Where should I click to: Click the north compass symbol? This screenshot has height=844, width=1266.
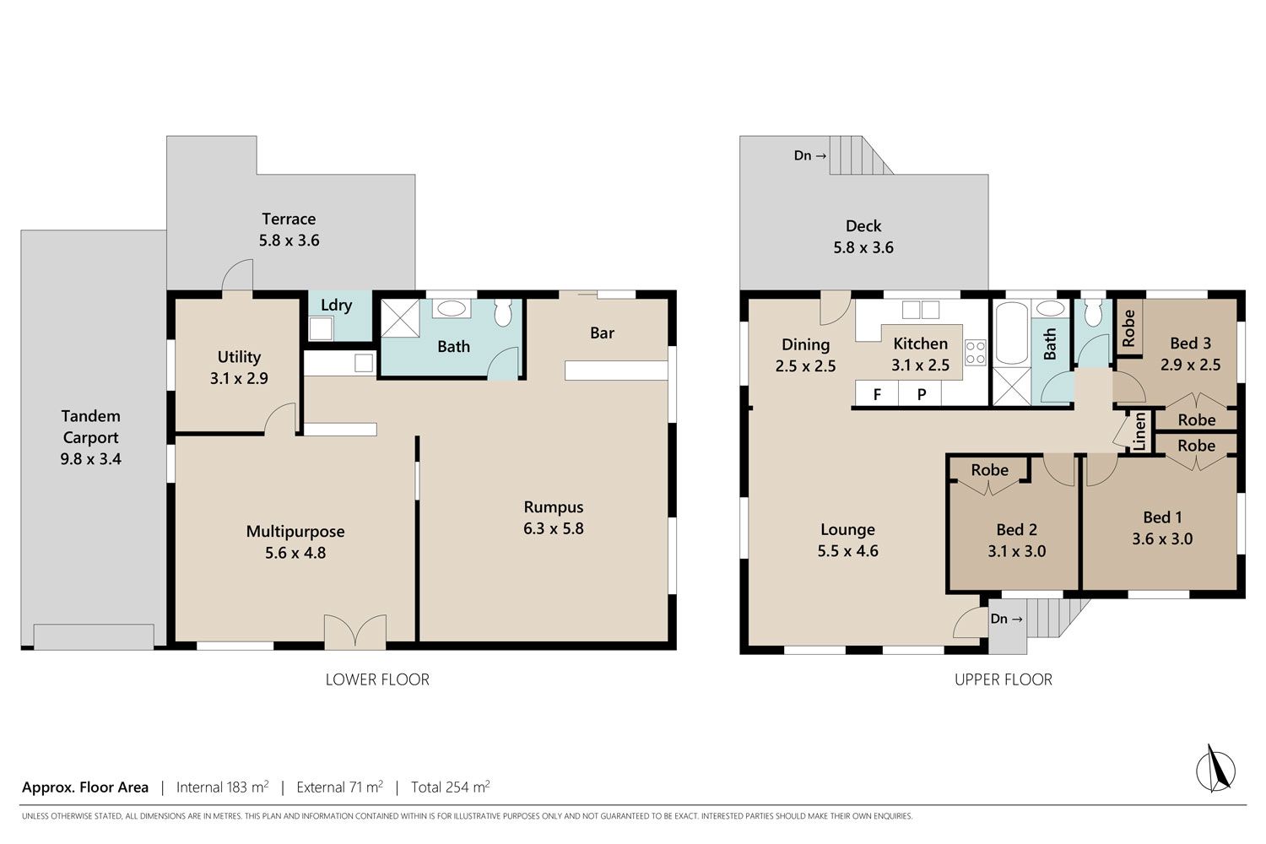[1215, 769]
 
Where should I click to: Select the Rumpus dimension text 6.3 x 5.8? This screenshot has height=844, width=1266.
[554, 528]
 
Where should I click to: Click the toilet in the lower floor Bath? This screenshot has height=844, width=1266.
[502, 312]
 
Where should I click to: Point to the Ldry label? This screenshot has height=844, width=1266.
[336, 306]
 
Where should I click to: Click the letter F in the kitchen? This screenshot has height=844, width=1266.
[877, 395]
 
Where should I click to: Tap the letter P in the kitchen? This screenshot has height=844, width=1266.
[922, 395]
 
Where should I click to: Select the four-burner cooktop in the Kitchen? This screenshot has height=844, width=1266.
[975, 352]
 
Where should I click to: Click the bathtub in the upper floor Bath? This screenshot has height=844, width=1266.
[1012, 333]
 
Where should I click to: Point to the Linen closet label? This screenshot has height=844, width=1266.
[1140, 432]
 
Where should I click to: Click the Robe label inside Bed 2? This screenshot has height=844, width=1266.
[990, 470]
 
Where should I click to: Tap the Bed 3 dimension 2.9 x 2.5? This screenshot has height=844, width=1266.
[1190, 365]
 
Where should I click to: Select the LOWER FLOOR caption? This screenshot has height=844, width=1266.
[377, 679]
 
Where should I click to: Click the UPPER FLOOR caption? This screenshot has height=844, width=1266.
[1004, 679]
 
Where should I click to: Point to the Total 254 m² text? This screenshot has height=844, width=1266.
[451, 787]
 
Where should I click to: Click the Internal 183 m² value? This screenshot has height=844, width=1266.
[222, 787]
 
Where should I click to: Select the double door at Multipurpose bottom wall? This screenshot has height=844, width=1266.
[355, 631]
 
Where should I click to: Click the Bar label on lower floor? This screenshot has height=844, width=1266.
[602, 333]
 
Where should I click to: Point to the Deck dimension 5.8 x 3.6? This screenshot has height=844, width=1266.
[863, 247]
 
